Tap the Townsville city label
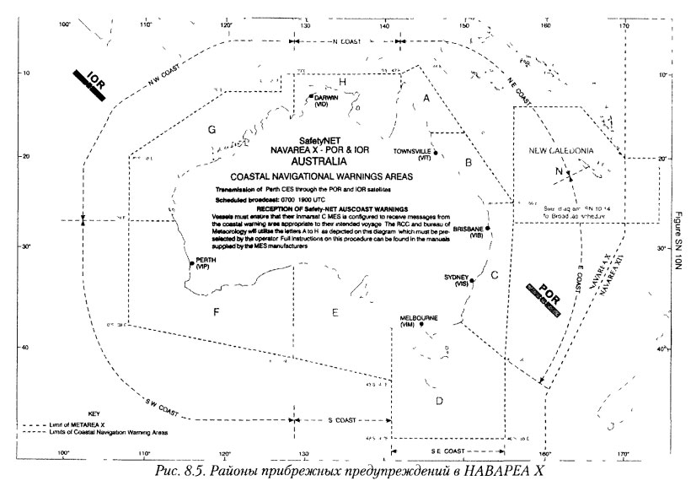[x=412, y=152]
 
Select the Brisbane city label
[x=467, y=229]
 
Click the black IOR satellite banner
[x=88, y=84]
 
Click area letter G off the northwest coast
[x=212, y=130]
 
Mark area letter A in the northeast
[x=426, y=99]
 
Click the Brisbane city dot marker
[x=487, y=229]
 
